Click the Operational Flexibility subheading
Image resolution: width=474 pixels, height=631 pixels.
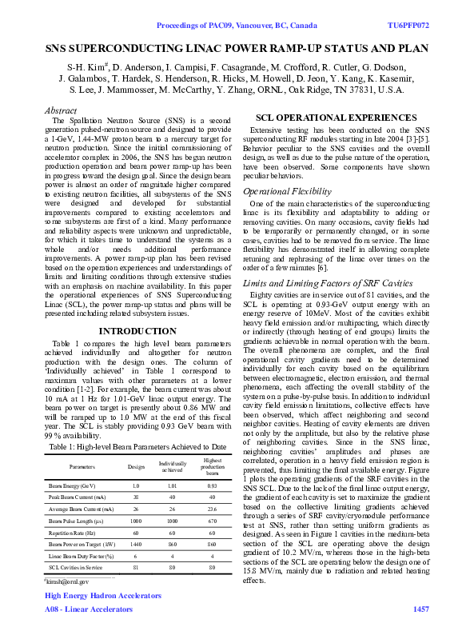click(287, 193)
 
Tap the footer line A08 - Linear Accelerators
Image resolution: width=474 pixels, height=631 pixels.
click(89, 609)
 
